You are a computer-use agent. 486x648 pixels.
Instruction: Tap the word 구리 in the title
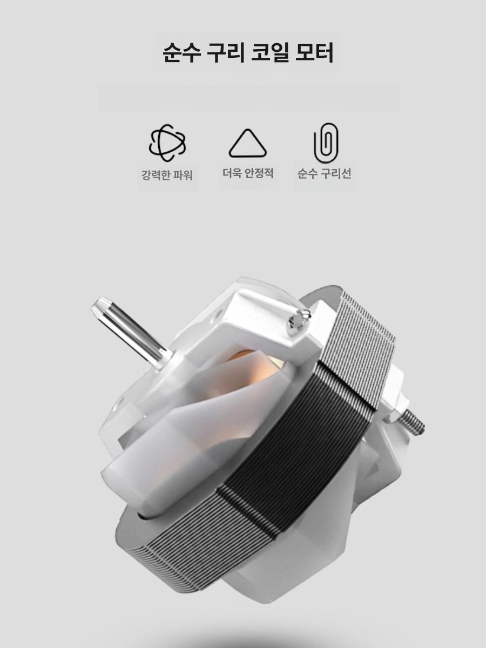point(225,52)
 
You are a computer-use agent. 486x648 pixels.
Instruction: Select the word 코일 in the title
point(269,52)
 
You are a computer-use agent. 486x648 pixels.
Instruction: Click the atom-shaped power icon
point(167,143)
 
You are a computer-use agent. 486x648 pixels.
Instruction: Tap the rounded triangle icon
point(247,143)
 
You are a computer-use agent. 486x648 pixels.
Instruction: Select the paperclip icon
point(326,143)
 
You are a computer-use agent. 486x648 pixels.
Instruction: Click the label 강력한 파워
point(167,175)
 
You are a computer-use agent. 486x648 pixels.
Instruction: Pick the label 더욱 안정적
point(248,173)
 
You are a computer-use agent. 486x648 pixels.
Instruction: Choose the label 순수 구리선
point(324,173)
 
